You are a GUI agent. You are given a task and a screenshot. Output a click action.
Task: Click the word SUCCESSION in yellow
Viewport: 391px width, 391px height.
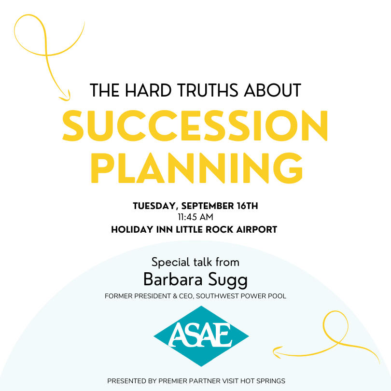[195, 126]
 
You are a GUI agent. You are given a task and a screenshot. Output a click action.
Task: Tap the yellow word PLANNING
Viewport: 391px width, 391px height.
[196, 168]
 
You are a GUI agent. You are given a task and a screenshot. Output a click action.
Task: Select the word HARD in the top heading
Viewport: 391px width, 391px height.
[148, 90]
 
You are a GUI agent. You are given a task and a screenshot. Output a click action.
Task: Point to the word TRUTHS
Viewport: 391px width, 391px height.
[208, 90]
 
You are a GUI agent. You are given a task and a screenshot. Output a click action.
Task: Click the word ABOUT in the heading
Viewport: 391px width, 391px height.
[273, 90]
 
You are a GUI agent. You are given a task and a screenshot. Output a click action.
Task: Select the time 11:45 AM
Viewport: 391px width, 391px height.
[195, 217]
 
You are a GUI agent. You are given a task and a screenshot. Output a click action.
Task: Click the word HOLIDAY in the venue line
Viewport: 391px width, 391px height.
[132, 229]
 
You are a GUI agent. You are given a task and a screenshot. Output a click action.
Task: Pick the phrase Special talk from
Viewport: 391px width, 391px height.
[195, 262]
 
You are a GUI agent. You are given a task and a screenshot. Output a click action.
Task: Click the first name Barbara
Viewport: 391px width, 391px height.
[172, 279]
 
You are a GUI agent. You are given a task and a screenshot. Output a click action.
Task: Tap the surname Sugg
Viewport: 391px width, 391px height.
[228, 280]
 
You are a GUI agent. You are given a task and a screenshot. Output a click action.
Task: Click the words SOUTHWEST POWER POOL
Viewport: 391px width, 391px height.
[241, 296]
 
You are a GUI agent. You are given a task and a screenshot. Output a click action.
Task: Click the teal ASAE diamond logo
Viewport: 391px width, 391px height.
[201, 336]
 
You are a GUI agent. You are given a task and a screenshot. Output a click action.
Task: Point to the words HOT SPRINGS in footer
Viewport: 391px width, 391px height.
[263, 381]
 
